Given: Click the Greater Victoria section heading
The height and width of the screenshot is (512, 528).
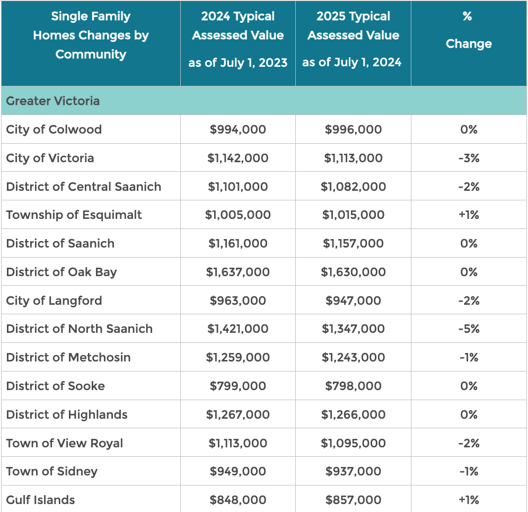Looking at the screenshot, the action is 53,101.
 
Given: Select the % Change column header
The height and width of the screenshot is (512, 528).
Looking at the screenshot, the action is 469,30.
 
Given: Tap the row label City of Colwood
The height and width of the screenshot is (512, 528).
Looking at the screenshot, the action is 54,130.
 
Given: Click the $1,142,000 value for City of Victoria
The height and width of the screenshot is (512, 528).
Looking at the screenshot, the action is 237,158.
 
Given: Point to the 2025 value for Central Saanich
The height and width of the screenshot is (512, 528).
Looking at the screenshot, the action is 353,187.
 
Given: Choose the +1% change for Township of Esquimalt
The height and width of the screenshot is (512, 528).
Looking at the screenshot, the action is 469,215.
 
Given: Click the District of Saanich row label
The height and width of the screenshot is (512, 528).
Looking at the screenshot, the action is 60,243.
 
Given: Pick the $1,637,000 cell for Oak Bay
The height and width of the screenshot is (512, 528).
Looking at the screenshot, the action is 237,272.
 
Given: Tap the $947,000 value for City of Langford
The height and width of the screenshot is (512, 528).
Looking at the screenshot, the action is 353,301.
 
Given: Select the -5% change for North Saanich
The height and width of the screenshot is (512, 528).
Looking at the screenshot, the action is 469,329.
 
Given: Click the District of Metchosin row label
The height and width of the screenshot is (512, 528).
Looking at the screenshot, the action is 68,357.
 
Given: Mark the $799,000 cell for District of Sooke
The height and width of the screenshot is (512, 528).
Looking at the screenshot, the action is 237,386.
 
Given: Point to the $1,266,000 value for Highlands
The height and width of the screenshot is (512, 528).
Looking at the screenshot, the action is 353,414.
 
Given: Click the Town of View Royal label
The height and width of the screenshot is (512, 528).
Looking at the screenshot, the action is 65,443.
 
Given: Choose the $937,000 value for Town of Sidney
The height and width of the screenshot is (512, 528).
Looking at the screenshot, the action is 353,471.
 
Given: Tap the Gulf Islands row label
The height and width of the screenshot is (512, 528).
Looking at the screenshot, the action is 40,500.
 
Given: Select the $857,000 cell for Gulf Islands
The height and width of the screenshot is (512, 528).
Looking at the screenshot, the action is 353,500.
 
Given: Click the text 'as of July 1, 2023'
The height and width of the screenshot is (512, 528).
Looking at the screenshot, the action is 237,63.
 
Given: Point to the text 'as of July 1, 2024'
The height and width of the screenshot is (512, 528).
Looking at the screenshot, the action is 351,62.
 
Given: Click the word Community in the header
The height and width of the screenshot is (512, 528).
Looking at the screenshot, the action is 91,54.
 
